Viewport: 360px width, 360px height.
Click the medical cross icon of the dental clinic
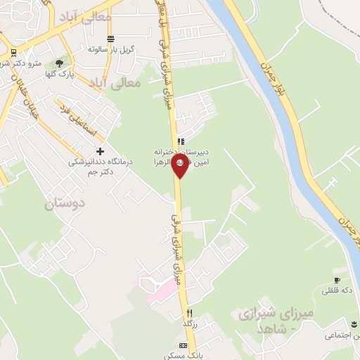[100, 151]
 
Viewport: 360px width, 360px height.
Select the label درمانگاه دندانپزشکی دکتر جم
[91, 166]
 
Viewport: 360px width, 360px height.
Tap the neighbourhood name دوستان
[65, 205]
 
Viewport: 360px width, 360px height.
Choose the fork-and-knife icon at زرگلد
[189, 312]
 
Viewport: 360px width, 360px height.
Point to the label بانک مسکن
[186, 356]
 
